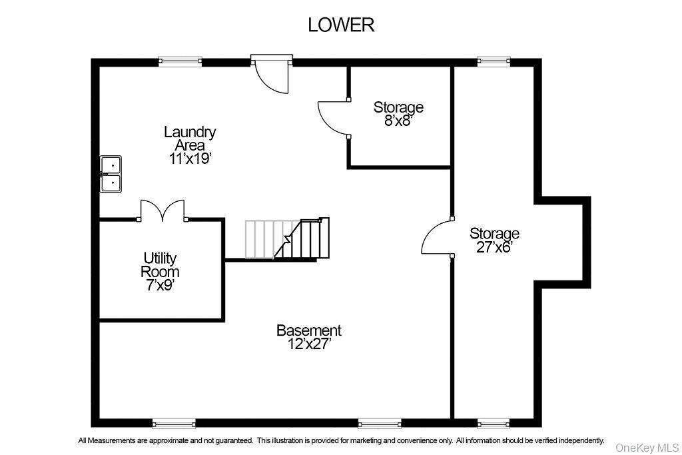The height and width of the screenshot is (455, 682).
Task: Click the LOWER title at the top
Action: pyautogui.click(x=340, y=25)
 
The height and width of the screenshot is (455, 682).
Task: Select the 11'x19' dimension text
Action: pyautogui.click(x=190, y=159)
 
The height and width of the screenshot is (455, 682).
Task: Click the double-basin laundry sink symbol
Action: pyautogui.click(x=111, y=173)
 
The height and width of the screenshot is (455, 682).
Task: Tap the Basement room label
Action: pyautogui.click(x=309, y=330)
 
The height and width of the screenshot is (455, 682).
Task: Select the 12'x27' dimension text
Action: pyautogui.click(x=309, y=344)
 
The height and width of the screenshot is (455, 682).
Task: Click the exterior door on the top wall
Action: pyautogui.click(x=272, y=73)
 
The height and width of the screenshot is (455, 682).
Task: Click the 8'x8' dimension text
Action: pyautogui.click(x=398, y=121)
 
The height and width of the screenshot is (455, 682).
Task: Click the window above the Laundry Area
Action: pyautogui.click(x=180, y=62)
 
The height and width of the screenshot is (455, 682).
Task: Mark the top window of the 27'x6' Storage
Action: pyautogui.click(x=494, y=62)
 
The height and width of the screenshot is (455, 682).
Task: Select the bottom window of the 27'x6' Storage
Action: pyautogui.click(x=494, y=423)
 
